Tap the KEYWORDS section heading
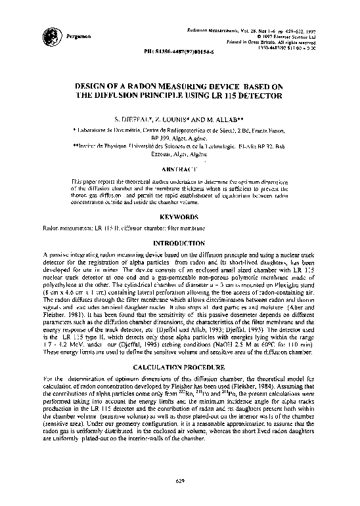(180, 216)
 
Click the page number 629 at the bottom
(180, 479)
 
